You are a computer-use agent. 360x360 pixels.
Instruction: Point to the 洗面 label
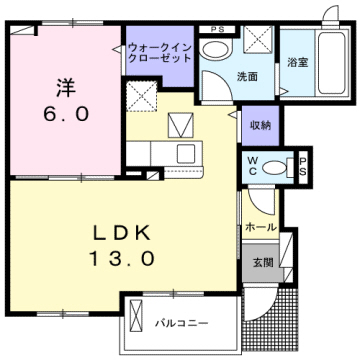click(x=221, y=76)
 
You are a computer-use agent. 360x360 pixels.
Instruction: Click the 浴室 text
click(x=297, y=63)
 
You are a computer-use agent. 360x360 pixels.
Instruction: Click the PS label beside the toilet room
click(x=303, y=166)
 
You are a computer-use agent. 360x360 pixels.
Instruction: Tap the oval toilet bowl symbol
click(x=285, y=166)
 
